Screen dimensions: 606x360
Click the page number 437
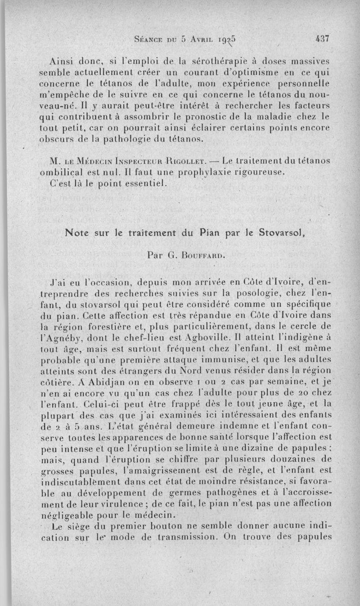pyautogui.click(x=323, y=38)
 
